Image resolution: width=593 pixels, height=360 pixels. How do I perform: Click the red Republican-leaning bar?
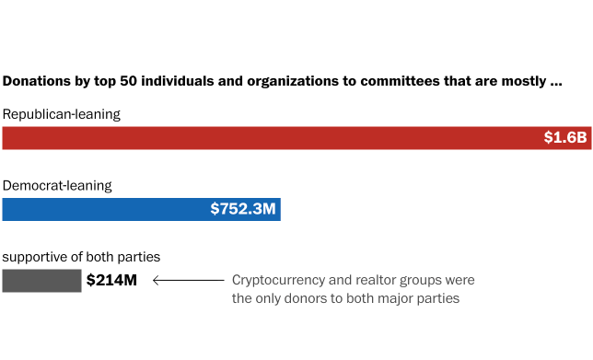(x=276, y=138)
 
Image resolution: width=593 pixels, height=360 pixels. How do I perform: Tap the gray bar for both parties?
(x=41, y=281)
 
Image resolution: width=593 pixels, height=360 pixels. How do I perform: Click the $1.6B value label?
(x=564, y=138)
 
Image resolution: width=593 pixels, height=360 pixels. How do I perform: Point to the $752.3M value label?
(x=243, y=209)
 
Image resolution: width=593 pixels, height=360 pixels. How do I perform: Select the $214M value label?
(x=111, y=281)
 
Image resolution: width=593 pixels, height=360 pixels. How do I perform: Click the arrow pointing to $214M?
(x=188, y=280)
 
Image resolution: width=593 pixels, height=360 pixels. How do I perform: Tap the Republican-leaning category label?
(x=62, y=114)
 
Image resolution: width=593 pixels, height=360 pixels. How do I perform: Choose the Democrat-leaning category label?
(x=57, y=185)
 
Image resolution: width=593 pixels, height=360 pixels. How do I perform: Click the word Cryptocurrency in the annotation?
(x=278, y=280)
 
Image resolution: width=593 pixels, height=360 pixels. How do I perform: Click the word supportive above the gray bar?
(x=35, y=257)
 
